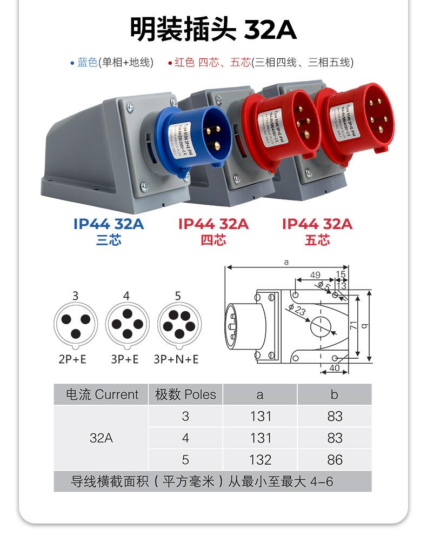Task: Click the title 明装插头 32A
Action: click(213, 29)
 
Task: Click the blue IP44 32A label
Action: click(109, 224)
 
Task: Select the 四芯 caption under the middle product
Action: click(213, 240)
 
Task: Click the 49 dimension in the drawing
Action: click(315, 275)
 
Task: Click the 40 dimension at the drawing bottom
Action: click(334, 368)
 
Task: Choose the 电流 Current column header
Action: click(102, 394)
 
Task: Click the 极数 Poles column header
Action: click(185, 394)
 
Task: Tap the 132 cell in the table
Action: click(260, 460)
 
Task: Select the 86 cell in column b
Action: click(335, 460)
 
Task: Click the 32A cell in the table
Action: click(102, 438)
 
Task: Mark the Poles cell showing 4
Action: click(185, 438)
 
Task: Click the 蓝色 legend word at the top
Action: click(87, 63)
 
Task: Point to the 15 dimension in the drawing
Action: click(341, 275)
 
